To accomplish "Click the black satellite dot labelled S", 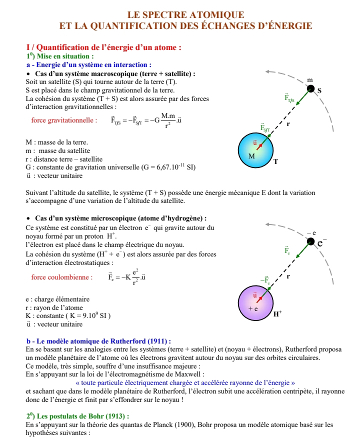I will click(311, 88).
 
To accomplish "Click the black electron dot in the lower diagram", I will click(311, 242).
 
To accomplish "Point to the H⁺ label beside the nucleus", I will click(277, 314).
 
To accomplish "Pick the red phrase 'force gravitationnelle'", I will click(63, 120).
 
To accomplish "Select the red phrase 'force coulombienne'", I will click(61, 276).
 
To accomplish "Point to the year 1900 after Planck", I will click(172, 425).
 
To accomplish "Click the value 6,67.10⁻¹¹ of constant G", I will click(165, 167).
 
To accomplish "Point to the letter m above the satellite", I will click(310, 80).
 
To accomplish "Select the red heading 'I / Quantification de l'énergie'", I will click(103, 47).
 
